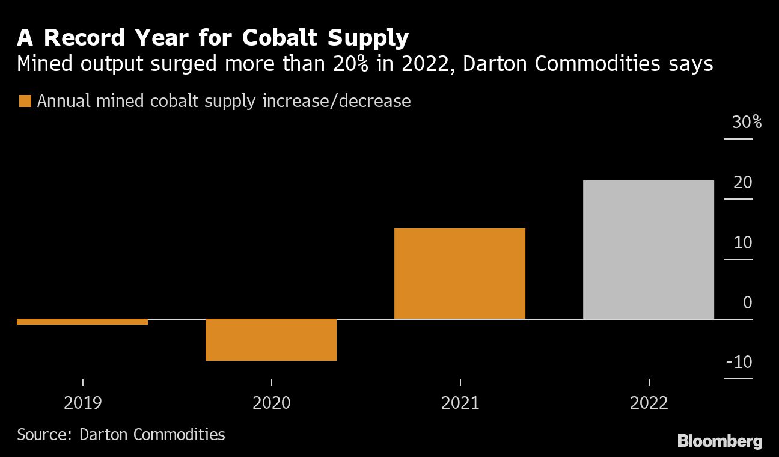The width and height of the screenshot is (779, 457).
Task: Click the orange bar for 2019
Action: (x=82, y=322)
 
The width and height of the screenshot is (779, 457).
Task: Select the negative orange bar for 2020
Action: (x=271, y=340)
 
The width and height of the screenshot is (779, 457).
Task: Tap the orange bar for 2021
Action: (x=460, y=274)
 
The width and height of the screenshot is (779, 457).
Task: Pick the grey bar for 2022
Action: (x=649, y=250)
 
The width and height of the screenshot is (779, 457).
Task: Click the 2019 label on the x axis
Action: (x=82, y=402)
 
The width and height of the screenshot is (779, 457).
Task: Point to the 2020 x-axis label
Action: (x=271, y=402)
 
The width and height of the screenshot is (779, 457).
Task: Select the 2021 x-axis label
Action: (x=460, y=402)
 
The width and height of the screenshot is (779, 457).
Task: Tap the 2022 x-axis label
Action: (x=649, y=402)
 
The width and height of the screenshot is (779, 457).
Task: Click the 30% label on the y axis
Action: (x=747, y=123)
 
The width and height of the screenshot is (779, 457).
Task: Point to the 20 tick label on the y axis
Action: (x=743, y=182)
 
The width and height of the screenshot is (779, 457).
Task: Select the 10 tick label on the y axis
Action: (x=743, y=242)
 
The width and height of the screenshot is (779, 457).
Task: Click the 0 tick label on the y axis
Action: (x=747, y=302)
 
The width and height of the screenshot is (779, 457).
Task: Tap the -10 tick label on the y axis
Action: (x=739, y=363)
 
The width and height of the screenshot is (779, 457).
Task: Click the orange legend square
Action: (x=25, y=101)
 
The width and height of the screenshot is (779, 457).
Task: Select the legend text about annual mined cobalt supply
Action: (x=224, y=101)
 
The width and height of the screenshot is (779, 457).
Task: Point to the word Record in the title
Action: (x=81, y=38)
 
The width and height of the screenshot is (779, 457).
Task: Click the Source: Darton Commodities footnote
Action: (x=121, y=434)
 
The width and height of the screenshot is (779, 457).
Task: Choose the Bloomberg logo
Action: (x=719, y=441)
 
